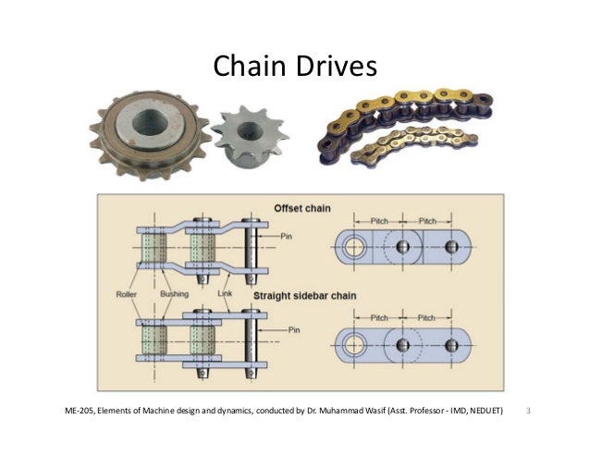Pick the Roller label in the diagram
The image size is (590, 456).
coord(127,294)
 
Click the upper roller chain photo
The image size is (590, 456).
coord(397,108)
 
